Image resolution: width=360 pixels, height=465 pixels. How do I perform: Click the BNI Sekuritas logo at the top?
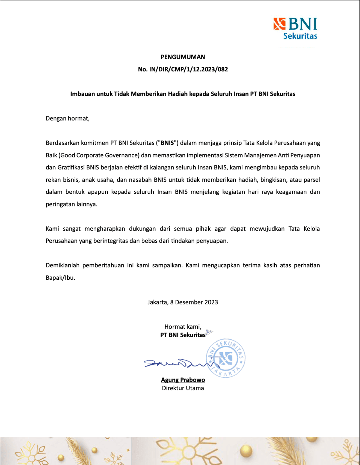pos(295,28)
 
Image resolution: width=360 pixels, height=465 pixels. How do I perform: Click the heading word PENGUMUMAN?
pos(183,57)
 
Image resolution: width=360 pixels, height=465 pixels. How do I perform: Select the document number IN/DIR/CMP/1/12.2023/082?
pos(188,69)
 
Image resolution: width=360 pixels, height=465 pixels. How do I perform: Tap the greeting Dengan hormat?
pos(68,118)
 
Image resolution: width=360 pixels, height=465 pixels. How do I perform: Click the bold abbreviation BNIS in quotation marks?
pos(167,143)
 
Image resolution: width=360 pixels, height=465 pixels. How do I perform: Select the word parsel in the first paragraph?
pos(311,180)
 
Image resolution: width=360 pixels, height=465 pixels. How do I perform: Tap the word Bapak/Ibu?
pos(60,278)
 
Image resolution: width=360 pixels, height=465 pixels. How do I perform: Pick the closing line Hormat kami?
pos(183,327)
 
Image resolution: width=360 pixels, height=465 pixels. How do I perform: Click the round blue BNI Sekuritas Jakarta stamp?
pos(226,358)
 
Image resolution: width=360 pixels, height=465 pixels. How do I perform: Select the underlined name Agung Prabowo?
pos(183,380)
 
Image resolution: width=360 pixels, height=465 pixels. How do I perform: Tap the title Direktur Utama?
pos(183,388)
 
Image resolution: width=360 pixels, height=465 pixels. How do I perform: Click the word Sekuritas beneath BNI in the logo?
pos(300,36)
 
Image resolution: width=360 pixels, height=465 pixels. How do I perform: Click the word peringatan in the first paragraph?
pos(60,204)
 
